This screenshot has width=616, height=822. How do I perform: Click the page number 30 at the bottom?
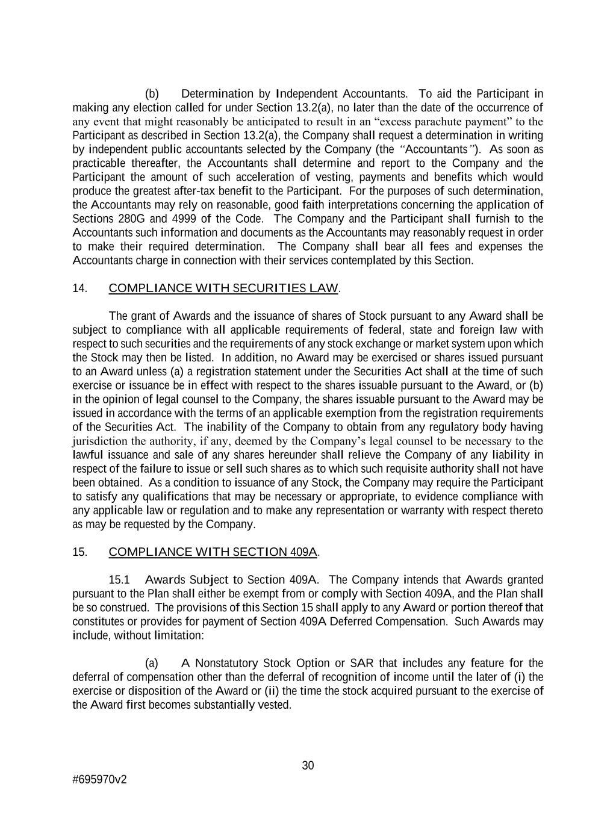point(308,765)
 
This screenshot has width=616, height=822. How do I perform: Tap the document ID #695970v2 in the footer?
point(99,779)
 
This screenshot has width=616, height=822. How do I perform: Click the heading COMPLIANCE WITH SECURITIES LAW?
point(223,288)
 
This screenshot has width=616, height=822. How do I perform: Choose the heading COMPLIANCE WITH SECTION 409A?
point(213,552)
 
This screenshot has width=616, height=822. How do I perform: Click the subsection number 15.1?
point(120,580)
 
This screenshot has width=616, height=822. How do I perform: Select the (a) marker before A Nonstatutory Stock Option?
point(152,663)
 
